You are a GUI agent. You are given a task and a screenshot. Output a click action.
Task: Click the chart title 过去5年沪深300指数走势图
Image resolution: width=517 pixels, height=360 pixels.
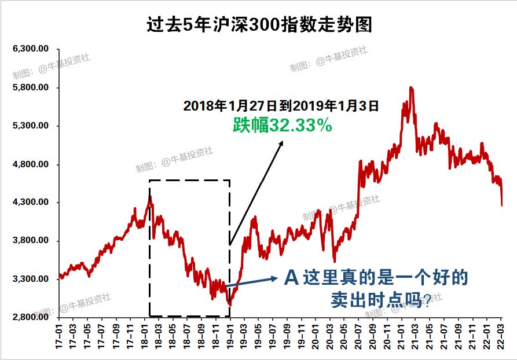[258, 24]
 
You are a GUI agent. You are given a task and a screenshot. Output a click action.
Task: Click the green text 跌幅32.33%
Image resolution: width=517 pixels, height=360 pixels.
[283, 125]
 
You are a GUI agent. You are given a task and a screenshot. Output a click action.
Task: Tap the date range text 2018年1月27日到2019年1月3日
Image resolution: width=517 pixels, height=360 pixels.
[281, 106]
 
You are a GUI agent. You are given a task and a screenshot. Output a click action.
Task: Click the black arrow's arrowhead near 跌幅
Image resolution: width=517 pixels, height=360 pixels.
[282, 142]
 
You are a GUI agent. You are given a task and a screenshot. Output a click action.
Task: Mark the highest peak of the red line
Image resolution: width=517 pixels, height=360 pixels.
[410, 87]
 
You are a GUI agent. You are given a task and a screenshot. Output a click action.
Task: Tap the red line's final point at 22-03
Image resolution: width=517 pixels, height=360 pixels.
[501, 205]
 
